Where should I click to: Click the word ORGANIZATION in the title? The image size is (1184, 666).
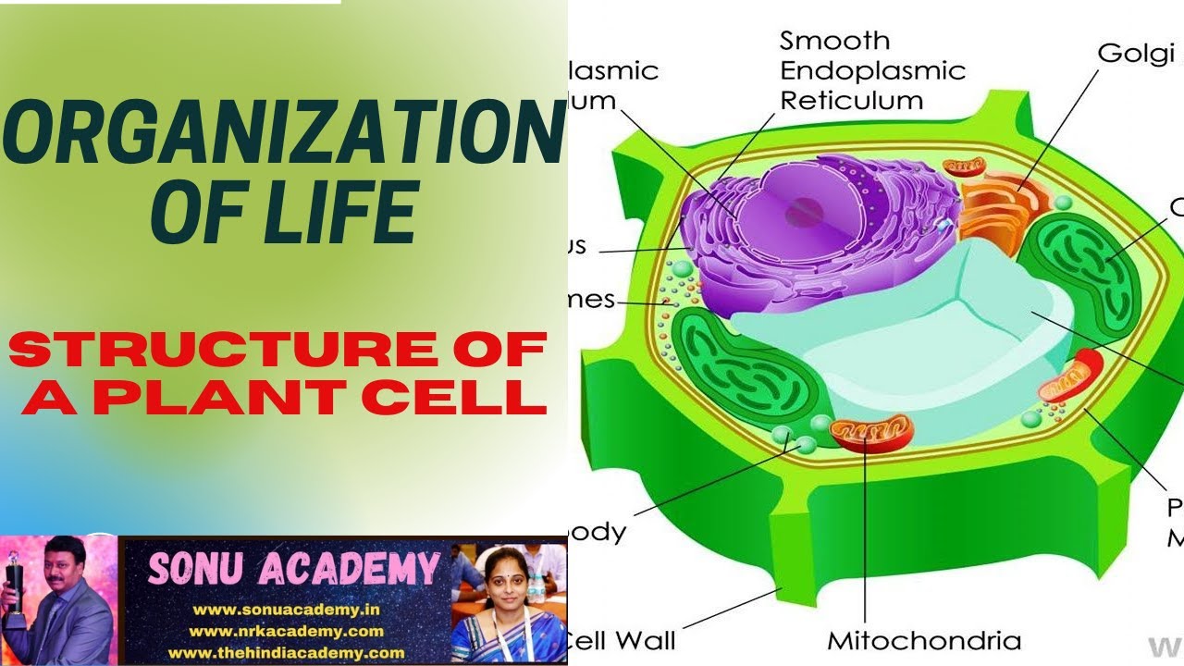click(x=282, y=134)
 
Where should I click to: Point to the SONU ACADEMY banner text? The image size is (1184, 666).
click(x=293, y=570)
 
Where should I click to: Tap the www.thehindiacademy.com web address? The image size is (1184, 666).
click(x=286, y=652)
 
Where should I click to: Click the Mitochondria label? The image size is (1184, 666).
click(x=923, y=640)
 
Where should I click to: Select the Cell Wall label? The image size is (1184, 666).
click(x=621, y=640)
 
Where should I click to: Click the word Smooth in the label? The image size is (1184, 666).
click(x=834, y=41)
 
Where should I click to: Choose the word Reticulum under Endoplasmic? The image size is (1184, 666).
click(x=851, y=100)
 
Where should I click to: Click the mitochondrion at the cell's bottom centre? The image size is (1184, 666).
click(x=870, y=432)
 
